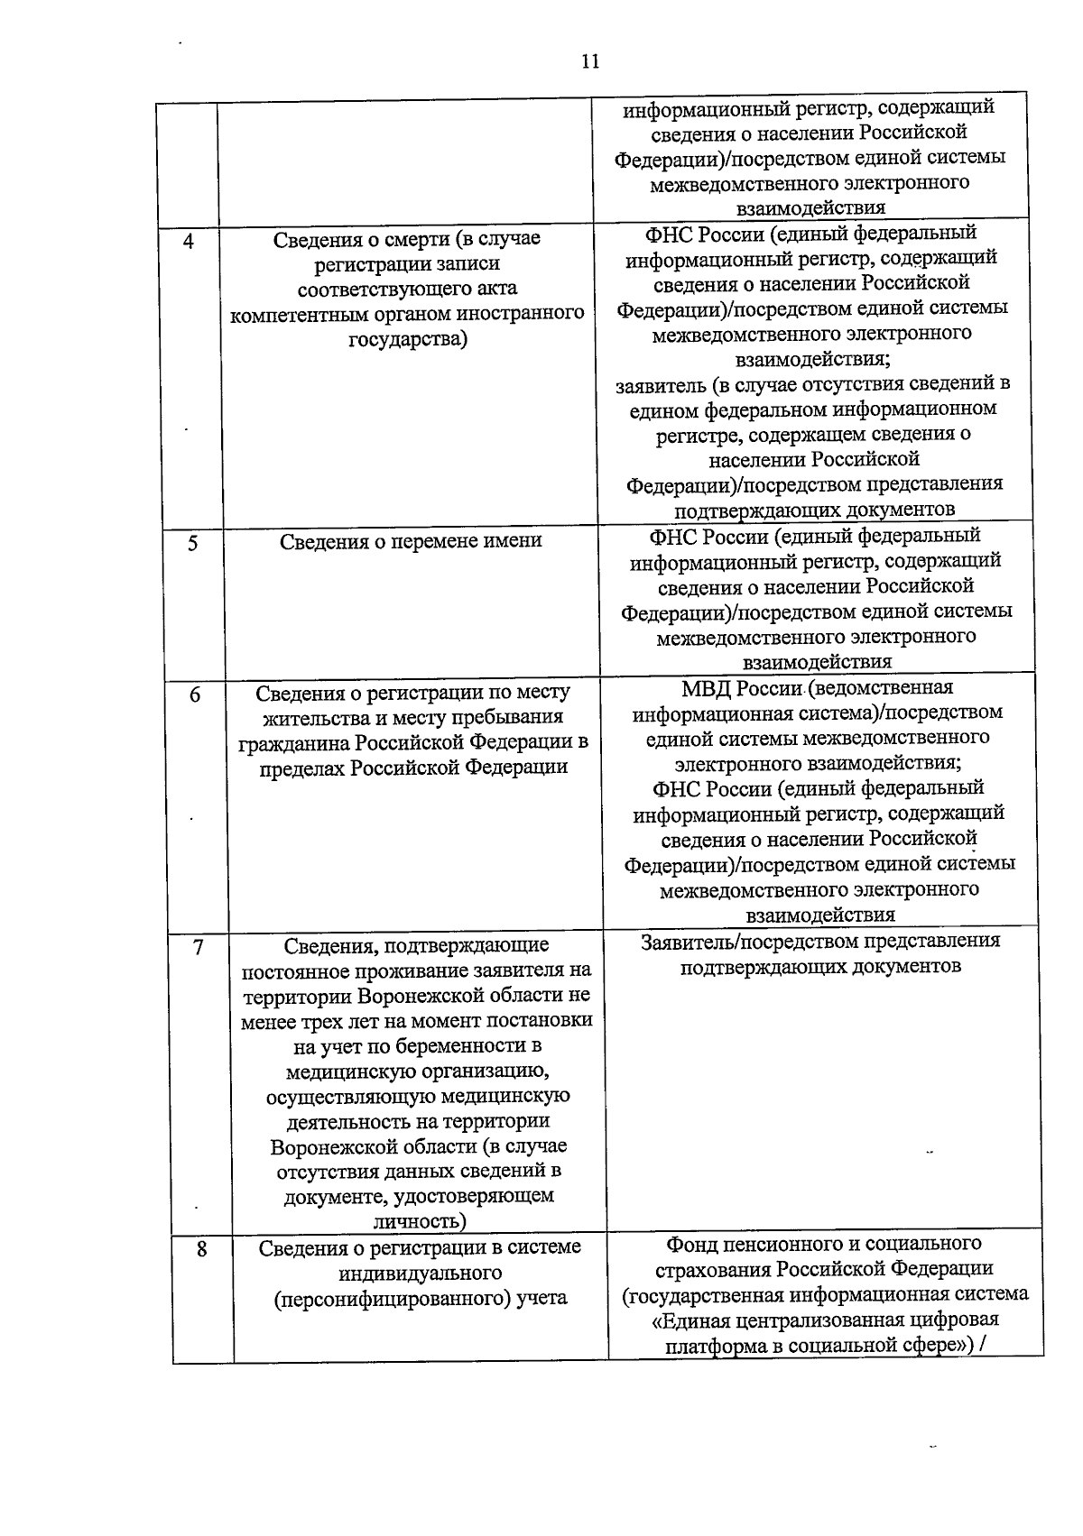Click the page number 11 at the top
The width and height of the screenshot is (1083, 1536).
589,61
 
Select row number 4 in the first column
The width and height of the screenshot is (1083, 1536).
188,242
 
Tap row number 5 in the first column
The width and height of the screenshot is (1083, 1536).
192,543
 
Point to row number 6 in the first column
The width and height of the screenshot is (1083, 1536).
195,694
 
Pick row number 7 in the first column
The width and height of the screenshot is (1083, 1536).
198,947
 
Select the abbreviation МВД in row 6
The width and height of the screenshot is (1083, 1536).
707,688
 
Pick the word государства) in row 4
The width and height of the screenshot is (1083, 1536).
408,340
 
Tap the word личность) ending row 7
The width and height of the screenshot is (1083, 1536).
420,1221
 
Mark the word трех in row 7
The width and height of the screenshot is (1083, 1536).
313,1020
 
